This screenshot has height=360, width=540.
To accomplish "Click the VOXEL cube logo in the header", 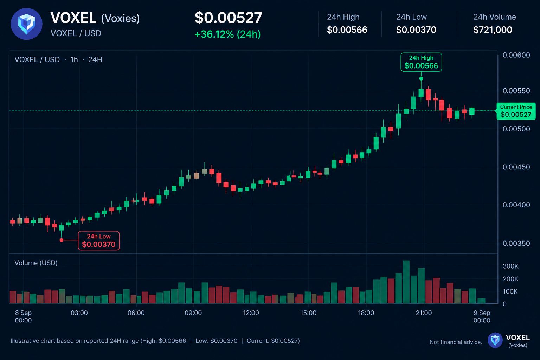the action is click(26, 24).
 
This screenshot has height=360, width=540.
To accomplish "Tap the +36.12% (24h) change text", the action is click(227, 34).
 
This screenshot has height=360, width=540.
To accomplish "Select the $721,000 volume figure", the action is click(493, 30).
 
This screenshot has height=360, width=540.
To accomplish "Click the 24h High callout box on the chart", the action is click(421, 62).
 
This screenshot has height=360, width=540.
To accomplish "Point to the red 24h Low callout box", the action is click(99, 240).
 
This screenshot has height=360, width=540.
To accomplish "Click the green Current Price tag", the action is click(516, 111).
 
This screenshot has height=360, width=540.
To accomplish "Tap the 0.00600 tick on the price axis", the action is click(516, 55).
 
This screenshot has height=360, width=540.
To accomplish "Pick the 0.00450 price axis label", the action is click(516, 167).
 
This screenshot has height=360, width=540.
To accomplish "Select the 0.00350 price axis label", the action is click(516, 243).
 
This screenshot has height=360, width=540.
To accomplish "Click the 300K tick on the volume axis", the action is click(510, 266).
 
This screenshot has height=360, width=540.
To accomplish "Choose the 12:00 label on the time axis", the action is click(251, 313).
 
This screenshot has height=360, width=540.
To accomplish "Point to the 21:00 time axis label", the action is click(424, 313).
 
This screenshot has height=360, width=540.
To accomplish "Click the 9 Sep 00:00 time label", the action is click(482, 317).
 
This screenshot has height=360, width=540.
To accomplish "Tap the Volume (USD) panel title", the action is click(36, 263).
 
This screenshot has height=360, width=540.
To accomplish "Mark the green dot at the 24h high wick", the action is click(421, 79).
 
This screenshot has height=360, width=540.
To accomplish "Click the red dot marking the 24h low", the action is click(62, 240).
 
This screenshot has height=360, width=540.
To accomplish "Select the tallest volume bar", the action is click(406, 282).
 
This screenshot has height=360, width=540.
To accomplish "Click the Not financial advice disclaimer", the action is click(456, 342).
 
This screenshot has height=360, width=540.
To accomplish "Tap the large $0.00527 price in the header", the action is click(228, 18).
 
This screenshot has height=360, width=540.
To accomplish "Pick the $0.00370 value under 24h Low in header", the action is click(416, 30).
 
